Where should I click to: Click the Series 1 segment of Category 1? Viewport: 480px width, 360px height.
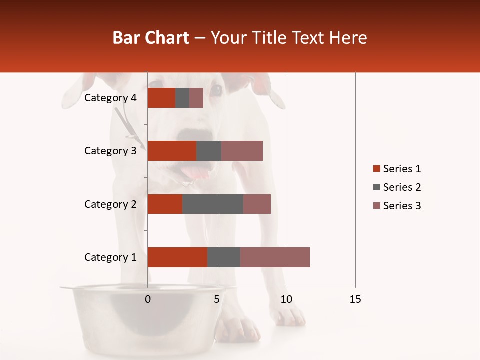pyautogui.click(x=177, y=257)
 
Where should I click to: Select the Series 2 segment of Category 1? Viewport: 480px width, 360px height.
pyautogui.click(x=224, y=257)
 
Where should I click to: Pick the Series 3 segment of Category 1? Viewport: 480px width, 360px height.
pyautogui.click(x=275, y=257)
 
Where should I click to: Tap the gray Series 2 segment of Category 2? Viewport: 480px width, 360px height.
pyautogui.click(x=213, y=204)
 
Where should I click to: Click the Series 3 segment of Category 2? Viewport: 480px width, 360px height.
pyautogui.click(x=257, y=204)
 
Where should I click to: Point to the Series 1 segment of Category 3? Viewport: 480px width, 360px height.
pyautogui.click(x=172, y=151)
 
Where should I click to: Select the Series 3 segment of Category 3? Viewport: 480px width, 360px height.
pyautogui.click(x=242, y=151)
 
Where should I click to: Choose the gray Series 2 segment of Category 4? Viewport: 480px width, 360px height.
pyautogui.click(x=182, y=98)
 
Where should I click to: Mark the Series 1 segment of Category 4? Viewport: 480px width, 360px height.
pyautogui.click(x=161, y=98)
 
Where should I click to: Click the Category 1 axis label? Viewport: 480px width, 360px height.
pyautogui.click(x=110, y=257)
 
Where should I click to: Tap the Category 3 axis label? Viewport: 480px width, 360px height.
pyautogui.click(x=110, y=151)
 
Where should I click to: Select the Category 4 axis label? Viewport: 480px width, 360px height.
pyautogui.click(x=110, y=98)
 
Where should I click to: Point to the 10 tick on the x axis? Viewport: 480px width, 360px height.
pyautogui.click(x=286, y=299)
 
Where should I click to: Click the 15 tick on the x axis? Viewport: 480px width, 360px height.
pyautogui.click(x=355, y=299)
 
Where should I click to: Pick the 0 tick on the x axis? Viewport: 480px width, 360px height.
pyautogui.click(x=148, y=299)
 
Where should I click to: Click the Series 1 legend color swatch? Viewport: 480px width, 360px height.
pyautogui.click(x=376, y=169)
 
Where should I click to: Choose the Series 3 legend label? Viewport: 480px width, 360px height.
pyautogui.click(x=402, y=206)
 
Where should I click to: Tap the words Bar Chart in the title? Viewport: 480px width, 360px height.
pyautogui.click(x=150, y=37)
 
